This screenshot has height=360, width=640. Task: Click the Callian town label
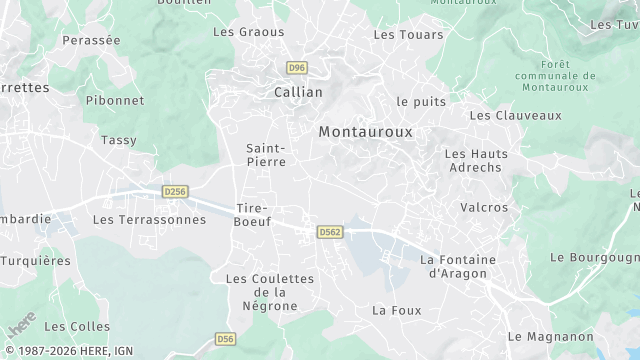(x=298, y=92)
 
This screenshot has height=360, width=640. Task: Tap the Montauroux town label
(x=365, y=131)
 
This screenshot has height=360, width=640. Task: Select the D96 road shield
(x=296, y=68)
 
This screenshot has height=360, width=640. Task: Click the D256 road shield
(x=176, y=191)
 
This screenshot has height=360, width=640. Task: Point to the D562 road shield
(x=330, y=232)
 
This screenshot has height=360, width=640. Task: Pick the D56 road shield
(x=227, y=340)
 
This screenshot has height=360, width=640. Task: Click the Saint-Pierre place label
(x=266, y=154)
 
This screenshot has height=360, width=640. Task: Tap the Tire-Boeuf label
(x=252, y=214)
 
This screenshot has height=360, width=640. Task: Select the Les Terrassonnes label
(x=149, y=219)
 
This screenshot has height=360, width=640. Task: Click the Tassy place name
(x=119, y=140)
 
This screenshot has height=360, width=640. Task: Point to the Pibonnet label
(x=115, y=100)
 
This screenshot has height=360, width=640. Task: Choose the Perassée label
(x=91, y=40)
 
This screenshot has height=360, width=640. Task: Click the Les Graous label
(x=249, y=32)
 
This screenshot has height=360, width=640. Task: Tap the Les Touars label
(x=399, y=34)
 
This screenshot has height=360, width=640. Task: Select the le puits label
(x=421, y=101)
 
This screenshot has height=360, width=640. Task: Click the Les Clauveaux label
(x=515, y=115)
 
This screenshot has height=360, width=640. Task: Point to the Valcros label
(x=484, y=208)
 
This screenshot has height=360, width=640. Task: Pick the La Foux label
(x=396, y=310)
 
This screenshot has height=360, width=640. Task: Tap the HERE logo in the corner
(x=21, y=324)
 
